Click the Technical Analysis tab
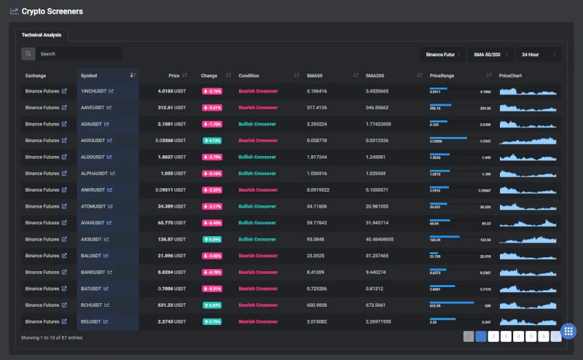tap(42, 34)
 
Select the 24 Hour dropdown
tap(538, 54)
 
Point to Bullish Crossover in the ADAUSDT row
tap(257, 124)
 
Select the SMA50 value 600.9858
tap(317, 305)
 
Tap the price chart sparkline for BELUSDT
tap(529, 321)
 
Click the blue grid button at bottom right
tap(569, 331)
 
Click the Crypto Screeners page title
tap(52, 12)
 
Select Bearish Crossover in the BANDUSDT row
tap(257, 272)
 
